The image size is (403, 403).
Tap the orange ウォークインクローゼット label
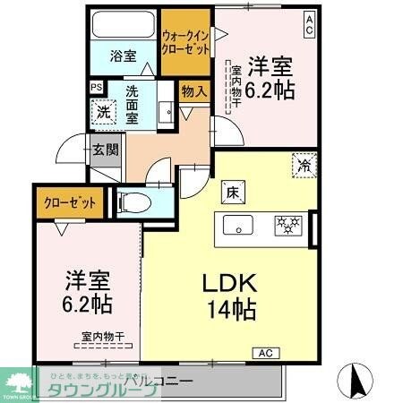coord(186,41)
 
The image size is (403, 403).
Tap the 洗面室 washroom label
coord(132,102)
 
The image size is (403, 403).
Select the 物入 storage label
coord(193,90)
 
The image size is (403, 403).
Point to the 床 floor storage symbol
coord(230,190)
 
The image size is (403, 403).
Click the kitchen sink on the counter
coord(239,224)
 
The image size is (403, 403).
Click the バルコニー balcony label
coord(157,381)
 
